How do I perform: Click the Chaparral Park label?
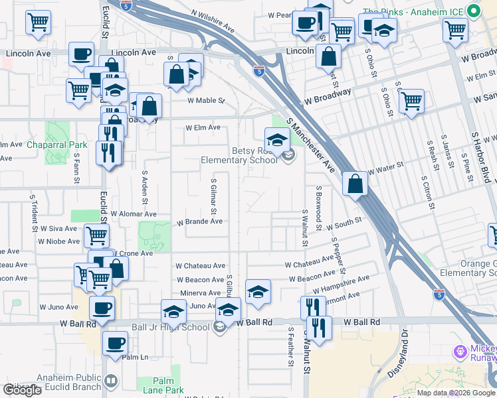(57, 144)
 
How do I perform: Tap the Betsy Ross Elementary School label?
(240, 155)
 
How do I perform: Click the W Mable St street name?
(206, 101)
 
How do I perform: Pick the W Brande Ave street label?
(199, 222)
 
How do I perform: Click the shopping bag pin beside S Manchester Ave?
(355, 182)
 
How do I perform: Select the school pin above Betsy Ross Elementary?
(277, 139)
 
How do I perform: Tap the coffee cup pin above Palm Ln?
(116, 343)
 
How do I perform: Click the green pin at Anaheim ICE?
(473, 11)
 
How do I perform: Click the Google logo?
(22, 390)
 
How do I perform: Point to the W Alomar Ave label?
(133, 214)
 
